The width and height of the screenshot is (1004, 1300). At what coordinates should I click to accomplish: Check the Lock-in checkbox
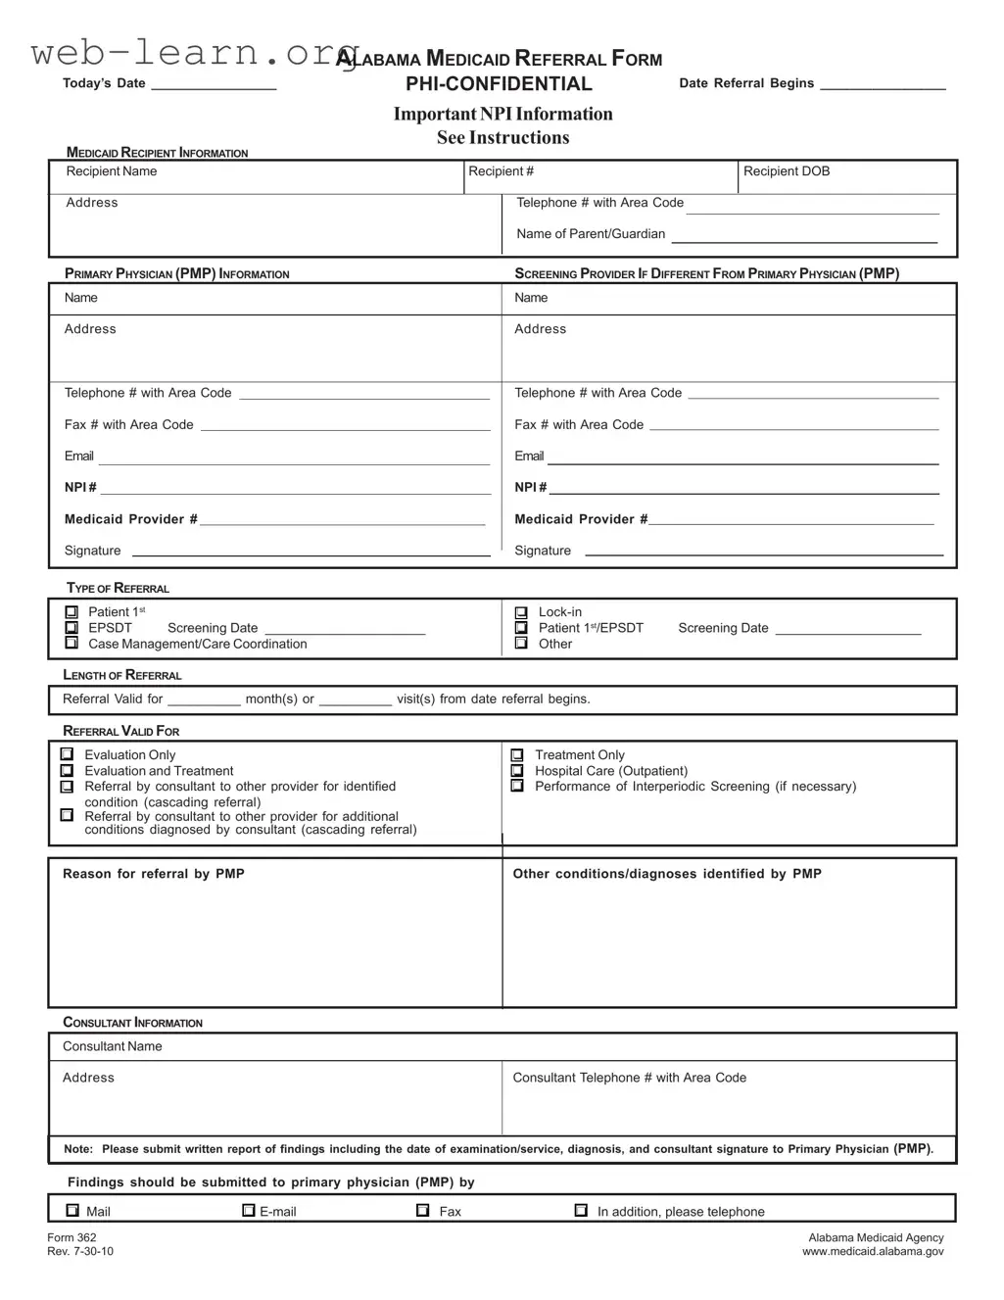[521, 612]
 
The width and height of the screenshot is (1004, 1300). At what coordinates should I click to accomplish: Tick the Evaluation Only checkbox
[67, 754]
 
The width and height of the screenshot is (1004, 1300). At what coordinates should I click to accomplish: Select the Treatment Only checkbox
[517, 755]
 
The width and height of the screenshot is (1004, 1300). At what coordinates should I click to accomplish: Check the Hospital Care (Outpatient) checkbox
[517, 771]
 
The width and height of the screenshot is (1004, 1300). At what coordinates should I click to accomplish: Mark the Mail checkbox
[72, 1211]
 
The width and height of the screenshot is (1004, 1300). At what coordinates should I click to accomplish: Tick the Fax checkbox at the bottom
[423, 1211]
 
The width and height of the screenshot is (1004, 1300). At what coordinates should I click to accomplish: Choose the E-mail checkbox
[249, 1211]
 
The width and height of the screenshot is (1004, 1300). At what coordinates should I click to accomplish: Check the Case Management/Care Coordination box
[72, 644]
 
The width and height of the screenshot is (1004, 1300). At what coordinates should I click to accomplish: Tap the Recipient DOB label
[787, 171]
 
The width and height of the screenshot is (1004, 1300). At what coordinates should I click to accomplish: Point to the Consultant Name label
[113, 1046]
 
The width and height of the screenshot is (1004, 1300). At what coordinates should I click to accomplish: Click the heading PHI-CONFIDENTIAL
[499, 84]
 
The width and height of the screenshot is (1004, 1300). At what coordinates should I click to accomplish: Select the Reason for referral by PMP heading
[154, 874]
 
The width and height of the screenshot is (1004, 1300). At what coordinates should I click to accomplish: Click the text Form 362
[72, 1237]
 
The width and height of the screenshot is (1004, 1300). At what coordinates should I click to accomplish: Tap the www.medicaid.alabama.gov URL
[873, 1251]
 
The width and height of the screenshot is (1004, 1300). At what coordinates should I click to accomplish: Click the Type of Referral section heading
[118, 588]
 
